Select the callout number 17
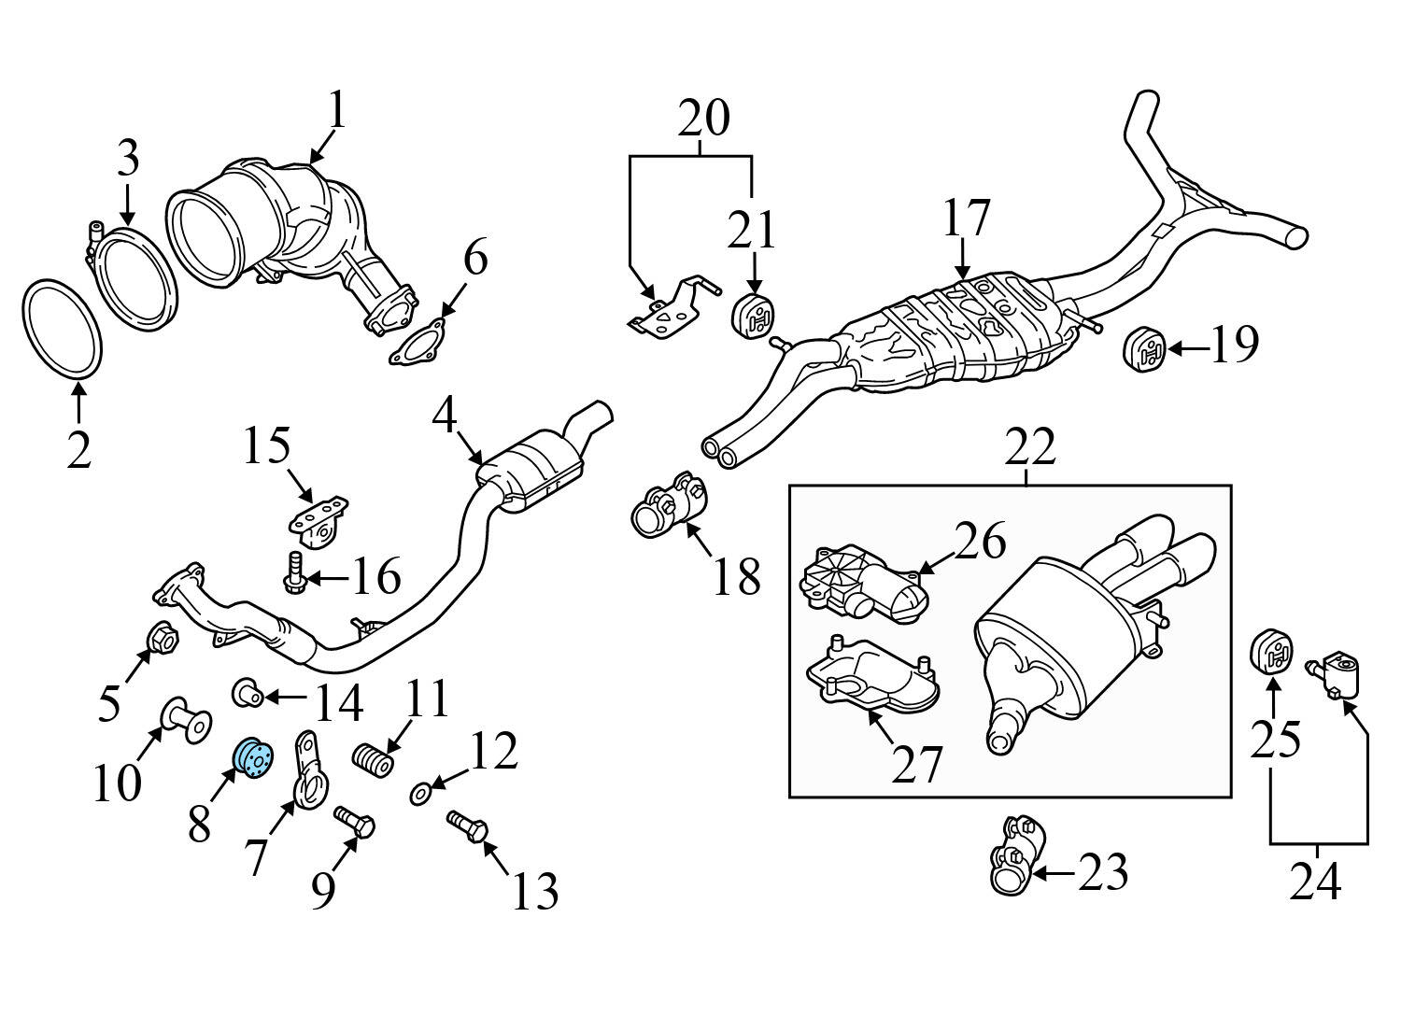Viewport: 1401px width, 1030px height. tap(965, 219)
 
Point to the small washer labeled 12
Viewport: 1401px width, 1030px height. tap(419, 794)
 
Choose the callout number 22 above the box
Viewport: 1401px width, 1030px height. tap(1030, 448)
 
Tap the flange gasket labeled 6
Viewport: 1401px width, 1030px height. tap(417, 343)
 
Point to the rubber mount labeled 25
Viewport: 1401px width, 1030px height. tap(1270, 652)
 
